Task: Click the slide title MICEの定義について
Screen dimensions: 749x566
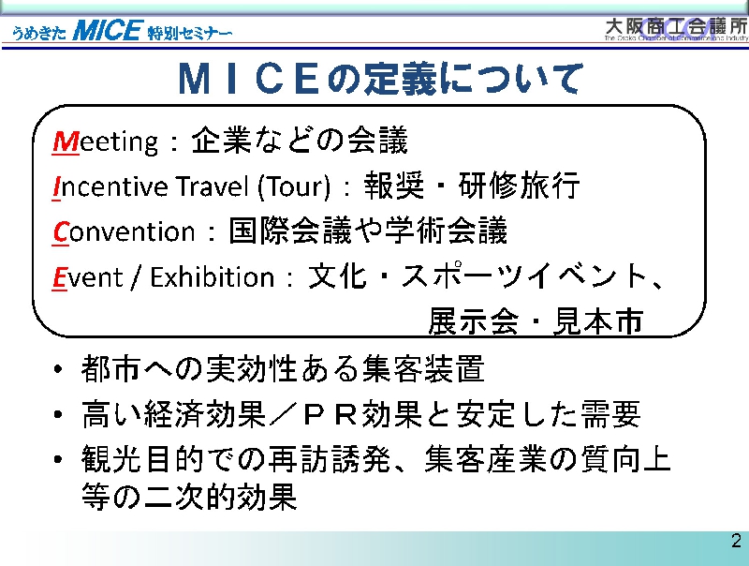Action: coord(381,78)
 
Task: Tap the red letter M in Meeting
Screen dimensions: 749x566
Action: coord(66,141)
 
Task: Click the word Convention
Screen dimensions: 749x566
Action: coord(124,231)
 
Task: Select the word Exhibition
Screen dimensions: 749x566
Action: coord(213,276)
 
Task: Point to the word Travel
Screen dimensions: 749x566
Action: coord(213,186)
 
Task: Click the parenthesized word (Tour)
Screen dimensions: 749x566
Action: coord(294,186)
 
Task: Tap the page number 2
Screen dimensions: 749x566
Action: coord(736,541)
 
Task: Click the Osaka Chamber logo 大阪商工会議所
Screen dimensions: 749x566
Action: coord(676,29)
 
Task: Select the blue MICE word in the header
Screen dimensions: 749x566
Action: coord(107,31)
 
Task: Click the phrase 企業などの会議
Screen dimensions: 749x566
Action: coord(300,141)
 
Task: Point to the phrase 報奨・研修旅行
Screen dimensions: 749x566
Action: coord(472,186)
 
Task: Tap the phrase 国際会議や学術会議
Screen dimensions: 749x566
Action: coord(368,231)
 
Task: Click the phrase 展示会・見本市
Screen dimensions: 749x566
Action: coord(536,320)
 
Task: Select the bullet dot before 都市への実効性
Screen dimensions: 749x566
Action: coord(58,369)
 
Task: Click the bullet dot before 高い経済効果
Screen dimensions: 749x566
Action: coord(58,414)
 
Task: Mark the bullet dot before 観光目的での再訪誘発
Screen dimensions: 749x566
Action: coord(58,459)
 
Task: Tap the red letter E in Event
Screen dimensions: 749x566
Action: coord(59,277)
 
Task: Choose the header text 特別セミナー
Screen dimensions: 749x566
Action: coord(190,33)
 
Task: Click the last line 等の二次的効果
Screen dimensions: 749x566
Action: coord(190,497)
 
